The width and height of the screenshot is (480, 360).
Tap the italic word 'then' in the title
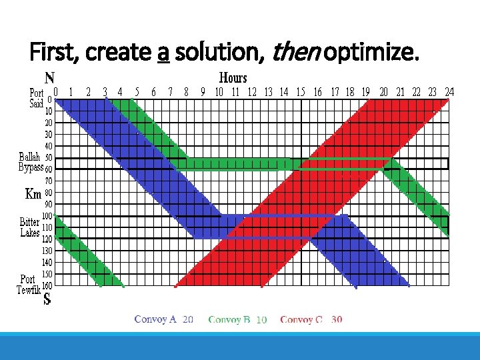point(292,51)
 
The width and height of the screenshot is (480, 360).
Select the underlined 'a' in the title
point(163,52)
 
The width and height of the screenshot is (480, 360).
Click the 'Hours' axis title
point(233,78)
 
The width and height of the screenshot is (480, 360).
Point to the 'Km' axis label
point(33,194)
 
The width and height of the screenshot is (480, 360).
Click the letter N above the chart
point(49,77)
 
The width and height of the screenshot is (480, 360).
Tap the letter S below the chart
point(47,300)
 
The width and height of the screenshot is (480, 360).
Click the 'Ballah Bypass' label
point(31,162)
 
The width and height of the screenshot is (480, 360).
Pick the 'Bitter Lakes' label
point(30,227)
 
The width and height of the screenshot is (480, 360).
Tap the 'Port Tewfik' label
point(28,284)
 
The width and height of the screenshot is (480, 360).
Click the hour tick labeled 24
point(449,92)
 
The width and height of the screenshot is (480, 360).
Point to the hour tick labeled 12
point(252,92)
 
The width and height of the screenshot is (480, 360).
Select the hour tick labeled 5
point(137,92)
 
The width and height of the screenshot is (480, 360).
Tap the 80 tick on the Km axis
point(49,193)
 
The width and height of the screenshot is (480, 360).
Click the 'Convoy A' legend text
point(155,319)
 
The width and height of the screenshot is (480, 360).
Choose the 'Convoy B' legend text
point(229,320)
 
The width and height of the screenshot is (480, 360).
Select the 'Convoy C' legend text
point(301,320)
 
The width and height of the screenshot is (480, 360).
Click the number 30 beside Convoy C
point(337,320)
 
